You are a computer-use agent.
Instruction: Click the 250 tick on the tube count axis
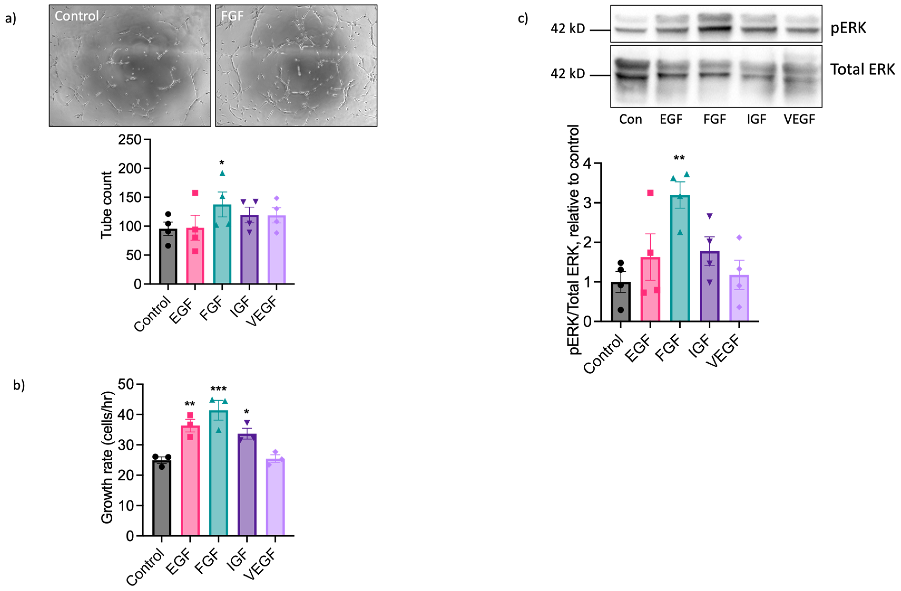[x=129, y=140]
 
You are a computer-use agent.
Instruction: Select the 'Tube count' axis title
[x=106, y=205]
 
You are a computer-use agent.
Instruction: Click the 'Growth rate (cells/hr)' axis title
[x=107, y=457]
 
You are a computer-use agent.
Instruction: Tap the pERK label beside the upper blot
[x=848, y=28]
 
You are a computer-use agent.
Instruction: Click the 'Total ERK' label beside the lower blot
[x=862, y=70]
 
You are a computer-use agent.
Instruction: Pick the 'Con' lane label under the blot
[x=630, y=120]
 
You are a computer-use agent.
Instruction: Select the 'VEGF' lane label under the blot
[x=799, y=120]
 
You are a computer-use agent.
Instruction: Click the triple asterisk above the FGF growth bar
[x=218, y=389]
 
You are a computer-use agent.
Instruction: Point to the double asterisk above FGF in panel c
[x=679, y=158]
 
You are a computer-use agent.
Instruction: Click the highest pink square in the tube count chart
[x=195, y=193]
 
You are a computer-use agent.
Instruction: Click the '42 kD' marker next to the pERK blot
[x=567, y=28]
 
